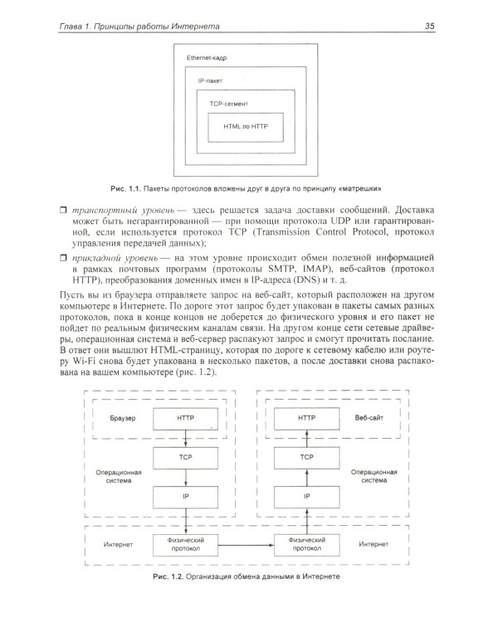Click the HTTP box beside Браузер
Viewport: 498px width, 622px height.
pyautogui.click(x=185, y=419)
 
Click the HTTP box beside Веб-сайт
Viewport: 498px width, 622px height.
pyautogui.click(x=307, y=419)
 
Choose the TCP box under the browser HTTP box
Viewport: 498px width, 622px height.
pyautogui.click(x=185, y=457)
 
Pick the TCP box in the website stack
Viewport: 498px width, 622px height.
pyautogui.click(x=307, y=457)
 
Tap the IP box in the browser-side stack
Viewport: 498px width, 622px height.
pyautogui.click(x=185, y=496)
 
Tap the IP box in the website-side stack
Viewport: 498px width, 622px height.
pyautogui.click(x=307, y=496)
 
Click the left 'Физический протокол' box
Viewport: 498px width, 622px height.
pyautogui.click(x=185, y=544)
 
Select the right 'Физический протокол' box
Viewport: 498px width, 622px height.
pyautogui.click(x=307, y=544)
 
